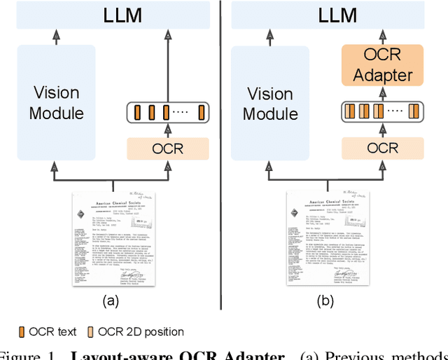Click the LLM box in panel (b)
click(338, 15)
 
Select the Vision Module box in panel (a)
click(56, 102)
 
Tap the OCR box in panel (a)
click(167, 148)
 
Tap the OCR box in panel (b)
click(382, 148)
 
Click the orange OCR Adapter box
click(382, 65)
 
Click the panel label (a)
click(111, 301)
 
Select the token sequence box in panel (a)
click(167, 111)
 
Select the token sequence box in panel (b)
click(382, 111)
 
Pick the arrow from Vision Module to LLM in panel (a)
click(56, 36)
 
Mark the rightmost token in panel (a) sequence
click(201, 111)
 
